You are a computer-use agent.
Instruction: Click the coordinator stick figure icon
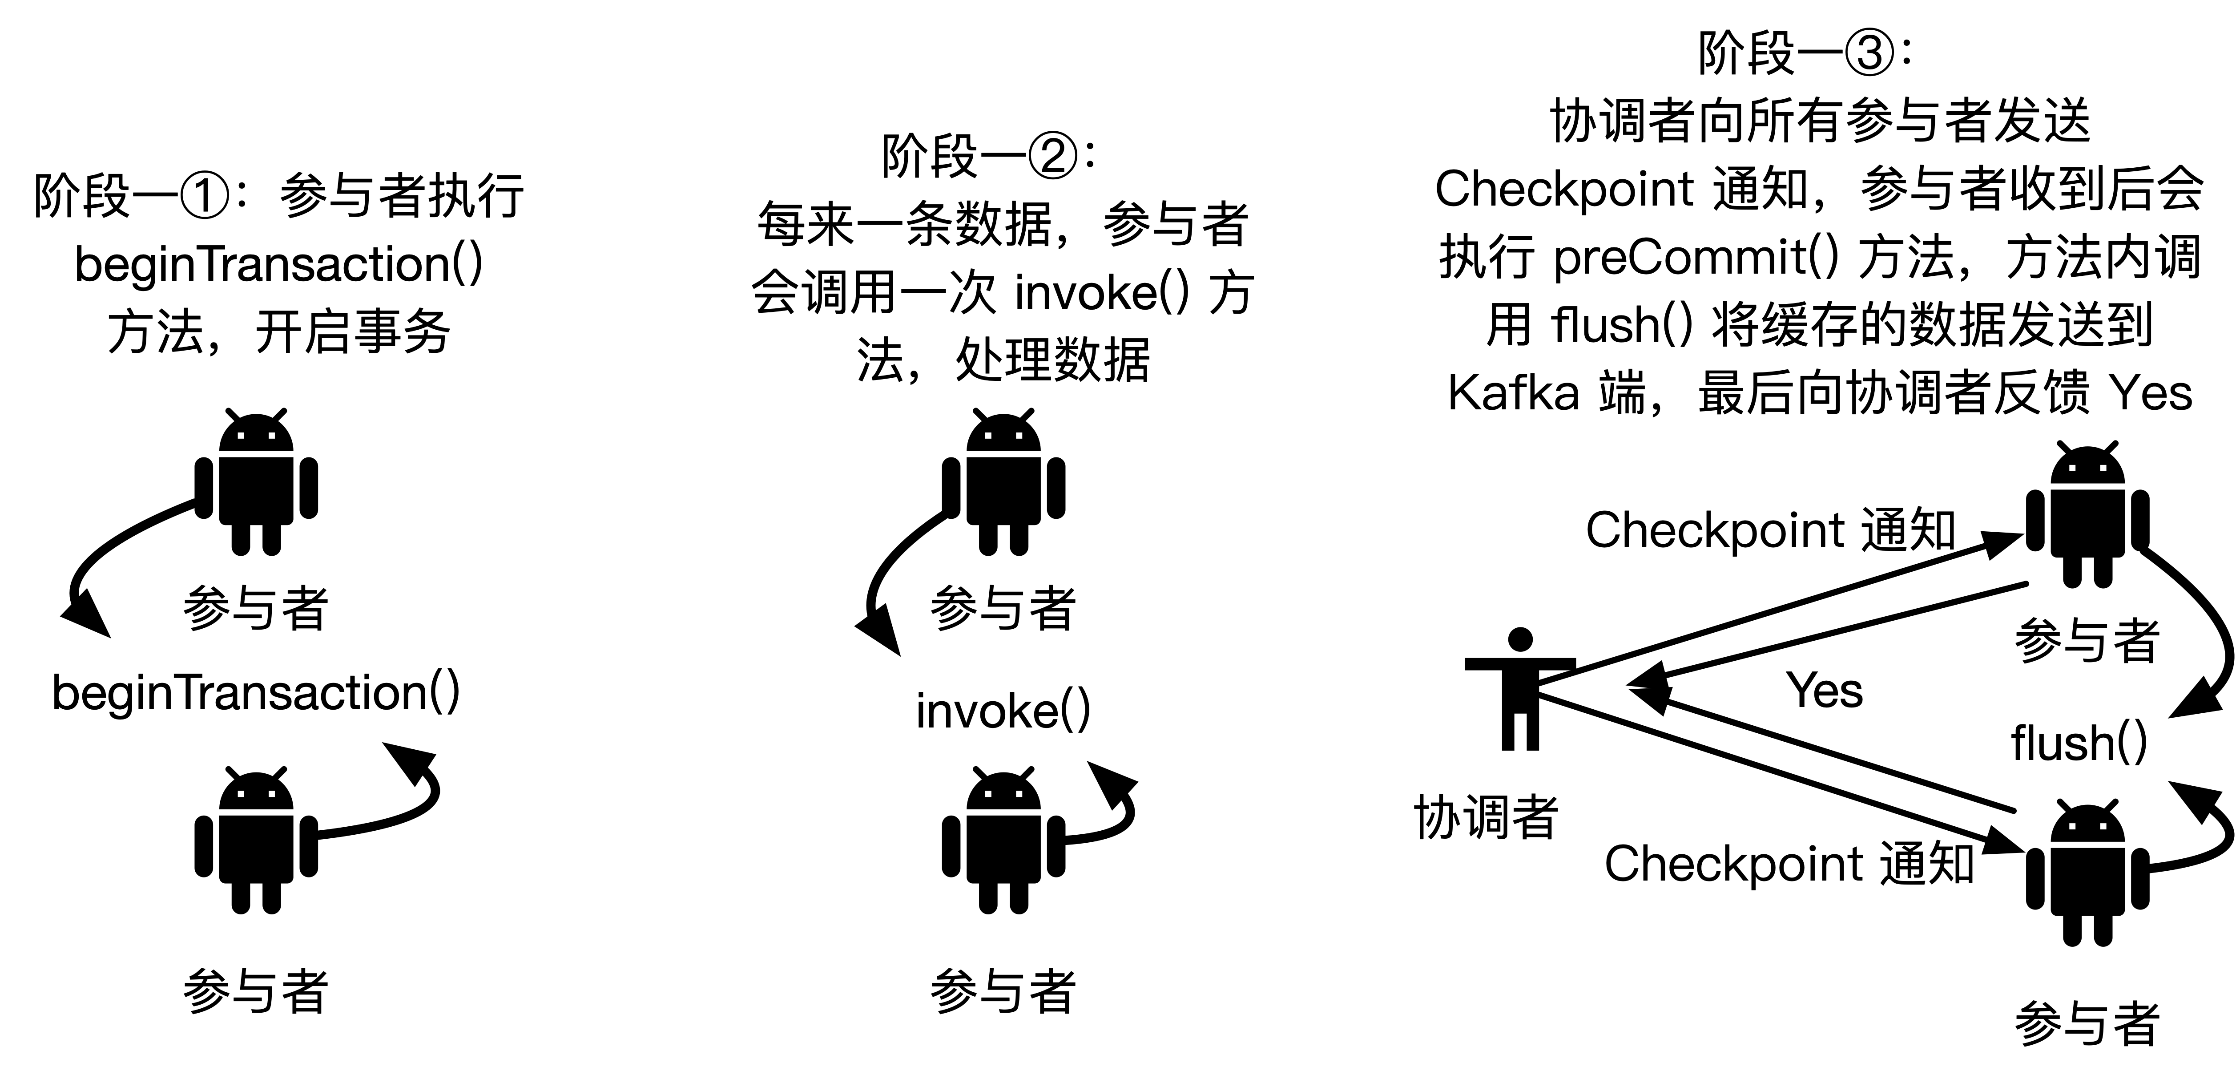1520,690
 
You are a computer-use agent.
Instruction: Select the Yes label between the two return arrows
1824,691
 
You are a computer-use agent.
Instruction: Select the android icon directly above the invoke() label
1003,482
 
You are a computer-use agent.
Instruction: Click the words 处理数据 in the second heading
1052,360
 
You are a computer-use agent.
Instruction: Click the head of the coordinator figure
1520,639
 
